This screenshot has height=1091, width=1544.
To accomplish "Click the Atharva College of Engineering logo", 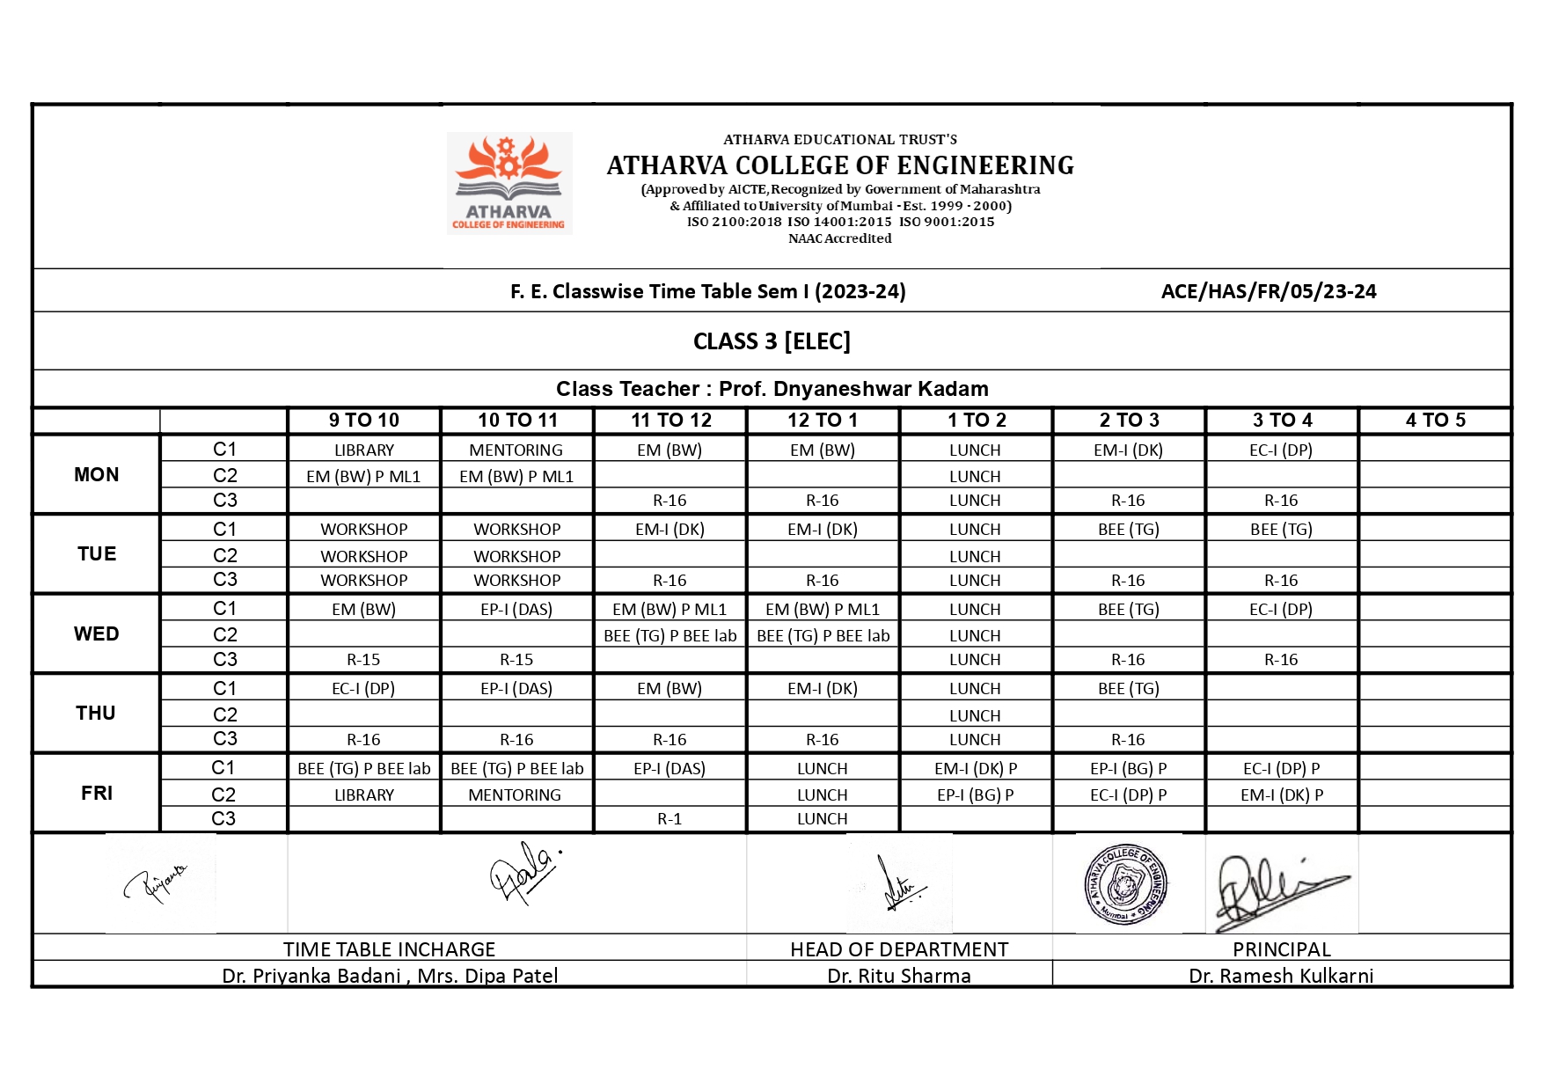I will coord(509,183).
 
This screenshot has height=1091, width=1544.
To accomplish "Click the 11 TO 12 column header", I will coord(670,421).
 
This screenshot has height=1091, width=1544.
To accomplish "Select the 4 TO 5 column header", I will coord(1435,421).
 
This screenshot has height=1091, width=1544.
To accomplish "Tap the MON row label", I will coord(96,475).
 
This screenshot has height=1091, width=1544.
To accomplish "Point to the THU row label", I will coord(96,714).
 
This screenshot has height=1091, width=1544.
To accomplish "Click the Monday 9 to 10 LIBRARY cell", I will coord(363,450).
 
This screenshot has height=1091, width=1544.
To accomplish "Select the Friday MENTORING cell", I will coord(515,795).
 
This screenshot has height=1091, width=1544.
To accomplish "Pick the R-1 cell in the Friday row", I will coord(670,819).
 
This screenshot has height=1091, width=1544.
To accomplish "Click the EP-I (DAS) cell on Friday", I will coord(670,769).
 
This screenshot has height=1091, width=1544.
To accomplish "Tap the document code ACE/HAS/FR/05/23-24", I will coord(1268,292).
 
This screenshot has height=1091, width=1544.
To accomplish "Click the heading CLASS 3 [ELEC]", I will coord(772,341).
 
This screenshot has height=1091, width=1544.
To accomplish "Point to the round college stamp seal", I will coord(1126,884).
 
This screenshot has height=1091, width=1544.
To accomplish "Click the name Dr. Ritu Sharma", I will coord(899,976).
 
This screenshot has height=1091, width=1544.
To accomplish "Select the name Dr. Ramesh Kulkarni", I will coord(1281,976).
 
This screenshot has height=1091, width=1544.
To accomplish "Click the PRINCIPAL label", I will coord(1281,950).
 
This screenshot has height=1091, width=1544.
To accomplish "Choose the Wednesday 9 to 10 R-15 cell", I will coord(363,660).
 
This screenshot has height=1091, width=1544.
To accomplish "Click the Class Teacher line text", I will coord(772,389).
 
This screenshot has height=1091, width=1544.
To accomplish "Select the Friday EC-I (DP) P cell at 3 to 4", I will coord(1281,769).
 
